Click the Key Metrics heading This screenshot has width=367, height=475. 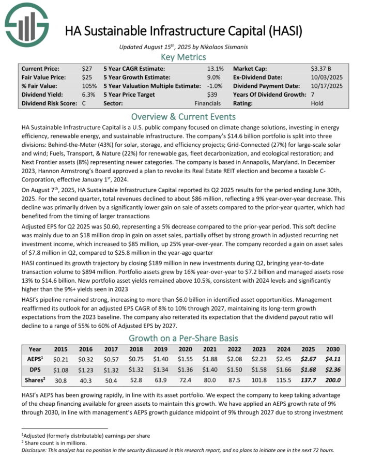tap(183, 57)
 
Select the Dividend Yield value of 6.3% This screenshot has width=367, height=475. tap(88, 95)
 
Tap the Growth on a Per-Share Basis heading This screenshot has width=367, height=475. tap(183, 338)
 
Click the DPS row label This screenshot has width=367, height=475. tap(35, 370)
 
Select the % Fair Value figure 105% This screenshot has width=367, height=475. tap(89, 86)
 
